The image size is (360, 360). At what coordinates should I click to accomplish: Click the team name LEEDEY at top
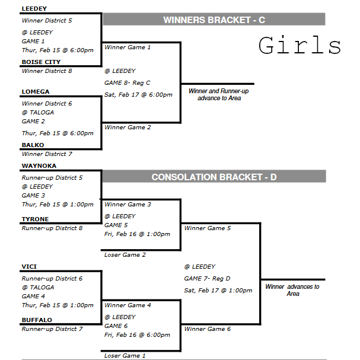click(34, 9)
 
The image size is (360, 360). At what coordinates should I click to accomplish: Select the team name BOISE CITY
click(40, 62)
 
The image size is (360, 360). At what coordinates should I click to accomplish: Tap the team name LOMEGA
click(35, 92)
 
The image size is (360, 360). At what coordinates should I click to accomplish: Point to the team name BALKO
click(33, 145)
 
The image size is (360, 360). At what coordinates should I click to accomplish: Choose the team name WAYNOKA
click(39, 166)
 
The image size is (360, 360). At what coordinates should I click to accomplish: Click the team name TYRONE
click(35, 219)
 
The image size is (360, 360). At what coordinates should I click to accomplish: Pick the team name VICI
click(29, 267)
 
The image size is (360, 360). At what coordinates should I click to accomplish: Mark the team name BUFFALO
click(37, 320)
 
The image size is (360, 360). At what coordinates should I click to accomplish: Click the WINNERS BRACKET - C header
click(214, 20)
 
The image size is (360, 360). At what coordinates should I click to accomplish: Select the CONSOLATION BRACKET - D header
click(214, 177)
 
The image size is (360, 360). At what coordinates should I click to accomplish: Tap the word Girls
click(300, 46)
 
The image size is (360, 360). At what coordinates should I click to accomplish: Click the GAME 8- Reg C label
click(127, 83)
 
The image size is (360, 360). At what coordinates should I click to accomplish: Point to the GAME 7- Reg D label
click(208, 278)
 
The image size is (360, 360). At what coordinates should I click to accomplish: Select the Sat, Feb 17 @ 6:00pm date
click(138, 94)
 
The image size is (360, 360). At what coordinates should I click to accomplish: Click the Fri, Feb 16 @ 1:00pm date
click(137, 234)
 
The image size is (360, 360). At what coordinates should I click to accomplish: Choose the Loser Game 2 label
click(125, 255)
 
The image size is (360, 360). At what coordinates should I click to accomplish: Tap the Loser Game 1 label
click(125, 356)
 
